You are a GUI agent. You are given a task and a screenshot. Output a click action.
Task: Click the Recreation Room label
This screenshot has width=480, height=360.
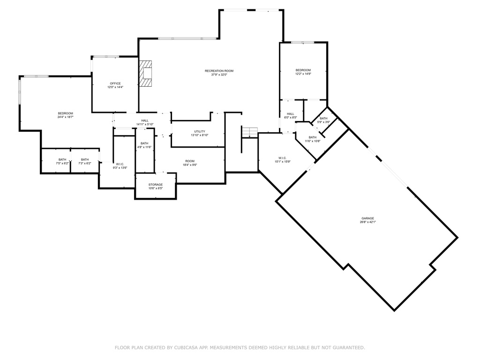[x=218, y=71]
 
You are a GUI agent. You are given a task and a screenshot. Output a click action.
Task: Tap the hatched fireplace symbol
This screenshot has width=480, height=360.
[x=147, y=74]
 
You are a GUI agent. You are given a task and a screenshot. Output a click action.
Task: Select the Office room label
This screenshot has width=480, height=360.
[x=115, y=83]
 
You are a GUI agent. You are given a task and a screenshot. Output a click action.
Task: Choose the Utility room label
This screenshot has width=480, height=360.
[x=199, y=131]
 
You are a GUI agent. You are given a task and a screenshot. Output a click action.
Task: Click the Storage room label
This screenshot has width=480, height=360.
[x=156, y=185]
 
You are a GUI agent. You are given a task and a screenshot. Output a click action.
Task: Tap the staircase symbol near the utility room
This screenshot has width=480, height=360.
[x=250, y=132]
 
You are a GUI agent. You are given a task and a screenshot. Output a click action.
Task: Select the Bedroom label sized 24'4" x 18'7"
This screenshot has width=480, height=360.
[x=65, y=113]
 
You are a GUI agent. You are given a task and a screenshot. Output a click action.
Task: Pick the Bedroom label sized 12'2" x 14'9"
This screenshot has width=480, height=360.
[x=303, y=70]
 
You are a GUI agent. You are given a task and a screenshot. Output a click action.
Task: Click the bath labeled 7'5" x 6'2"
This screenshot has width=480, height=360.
[x=62, y=159]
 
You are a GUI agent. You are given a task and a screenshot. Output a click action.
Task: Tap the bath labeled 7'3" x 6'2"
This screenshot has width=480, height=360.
[x=84, y=159]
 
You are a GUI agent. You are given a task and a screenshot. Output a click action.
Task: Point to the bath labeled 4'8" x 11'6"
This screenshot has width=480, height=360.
[x=144, y=143]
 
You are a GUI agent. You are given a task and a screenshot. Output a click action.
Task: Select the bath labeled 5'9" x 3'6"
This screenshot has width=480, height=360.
[x=323, y=118]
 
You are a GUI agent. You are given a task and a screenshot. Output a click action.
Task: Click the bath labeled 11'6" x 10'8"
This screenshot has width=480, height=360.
[x=312, y=137]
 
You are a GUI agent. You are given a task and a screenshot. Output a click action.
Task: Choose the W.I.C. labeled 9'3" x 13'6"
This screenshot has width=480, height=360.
[x=120, y=164]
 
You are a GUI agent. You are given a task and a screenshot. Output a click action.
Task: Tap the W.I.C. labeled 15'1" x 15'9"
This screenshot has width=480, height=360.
[x=282, y=158]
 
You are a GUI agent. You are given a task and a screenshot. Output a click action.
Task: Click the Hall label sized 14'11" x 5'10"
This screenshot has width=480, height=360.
[x=145, y=120]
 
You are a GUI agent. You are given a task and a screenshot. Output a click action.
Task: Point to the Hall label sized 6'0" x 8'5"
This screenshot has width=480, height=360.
[x=291, y=114]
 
